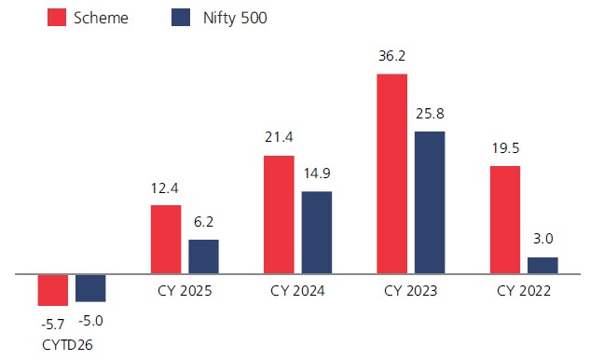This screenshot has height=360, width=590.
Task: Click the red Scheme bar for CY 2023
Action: [391, 173]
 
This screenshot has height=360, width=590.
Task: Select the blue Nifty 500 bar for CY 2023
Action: [430, 202]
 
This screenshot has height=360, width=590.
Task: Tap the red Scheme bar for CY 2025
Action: [166, 239]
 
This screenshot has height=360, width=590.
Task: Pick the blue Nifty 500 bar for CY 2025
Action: [203, 256]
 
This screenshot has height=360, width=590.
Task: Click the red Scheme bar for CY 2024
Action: [279, 215]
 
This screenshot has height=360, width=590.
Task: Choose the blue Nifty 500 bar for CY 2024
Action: [317, 232]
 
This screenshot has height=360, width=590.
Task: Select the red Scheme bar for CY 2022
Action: [505, 219]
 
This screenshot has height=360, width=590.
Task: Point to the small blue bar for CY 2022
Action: [542, 265]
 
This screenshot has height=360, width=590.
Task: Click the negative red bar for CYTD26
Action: [53, 290]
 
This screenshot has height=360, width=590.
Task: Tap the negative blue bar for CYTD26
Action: [90, 288]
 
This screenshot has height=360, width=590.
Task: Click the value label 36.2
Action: [391, 56]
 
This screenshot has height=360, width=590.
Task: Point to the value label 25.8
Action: [430, 114]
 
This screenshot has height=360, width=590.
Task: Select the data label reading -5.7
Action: [53, 324]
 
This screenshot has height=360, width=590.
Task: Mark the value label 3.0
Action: [543, 239]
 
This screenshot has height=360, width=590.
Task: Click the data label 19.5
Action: [506, 148]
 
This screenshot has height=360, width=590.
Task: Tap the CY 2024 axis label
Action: [297, 291]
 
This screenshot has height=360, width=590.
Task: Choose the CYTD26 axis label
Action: [67, 345]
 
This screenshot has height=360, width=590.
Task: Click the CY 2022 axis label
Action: [524, 291]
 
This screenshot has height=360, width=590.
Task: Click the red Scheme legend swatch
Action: [57, 18]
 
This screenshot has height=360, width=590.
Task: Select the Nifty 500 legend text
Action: [235, 18]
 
